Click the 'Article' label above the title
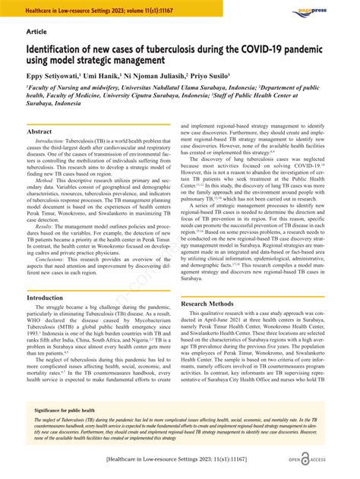point(36,33)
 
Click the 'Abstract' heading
point(39,131)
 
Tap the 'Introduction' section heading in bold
point(45,298)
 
